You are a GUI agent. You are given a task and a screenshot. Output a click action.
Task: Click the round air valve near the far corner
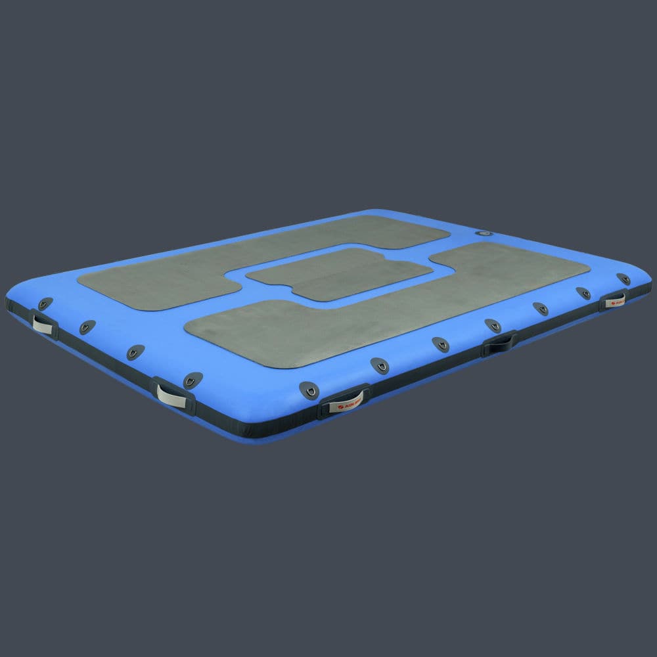pos(484,234)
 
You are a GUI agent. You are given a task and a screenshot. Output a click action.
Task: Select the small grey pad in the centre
pos(339,273)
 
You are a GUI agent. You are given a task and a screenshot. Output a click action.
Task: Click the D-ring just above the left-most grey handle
pos(45,304)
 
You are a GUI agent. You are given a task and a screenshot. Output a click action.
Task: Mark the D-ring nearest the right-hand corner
pos(623,279)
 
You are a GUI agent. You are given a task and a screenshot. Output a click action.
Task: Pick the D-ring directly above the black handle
pos(493,325)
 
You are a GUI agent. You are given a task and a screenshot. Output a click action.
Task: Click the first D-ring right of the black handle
pos(540,308)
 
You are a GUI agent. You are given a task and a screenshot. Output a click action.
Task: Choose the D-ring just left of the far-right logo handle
pos(583,293)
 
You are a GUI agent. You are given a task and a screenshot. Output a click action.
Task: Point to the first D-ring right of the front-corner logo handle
pos(379,363)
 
